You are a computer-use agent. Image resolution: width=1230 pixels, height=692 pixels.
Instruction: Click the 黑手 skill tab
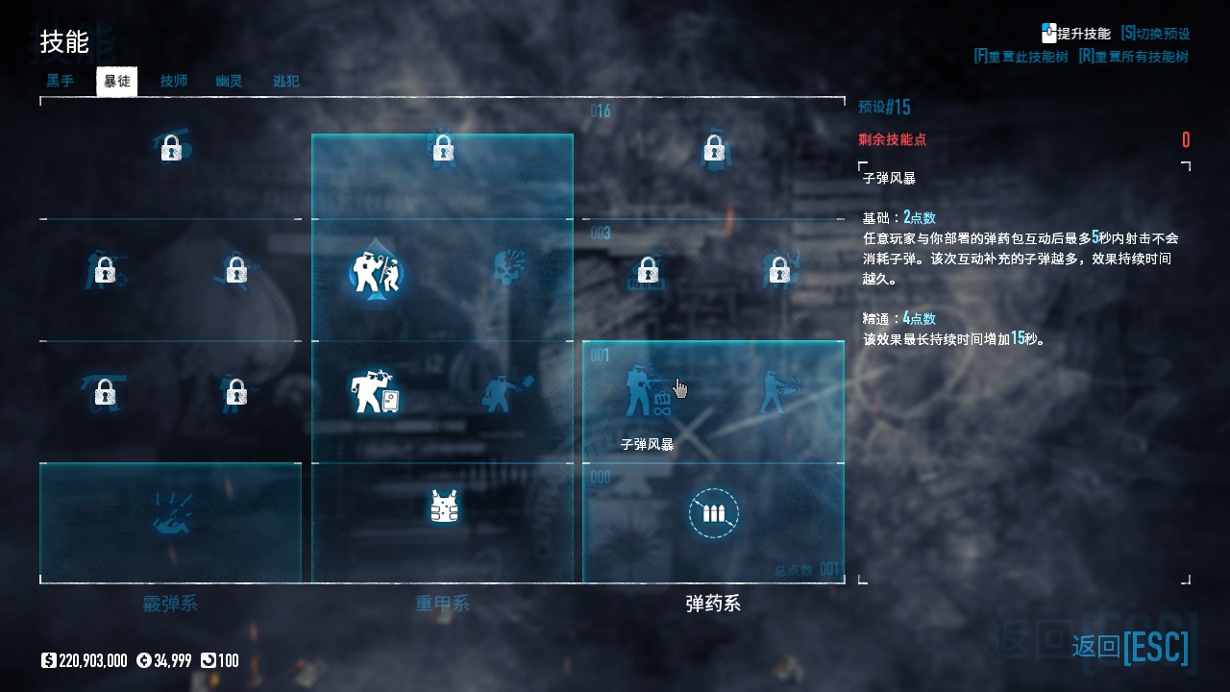point(61,82)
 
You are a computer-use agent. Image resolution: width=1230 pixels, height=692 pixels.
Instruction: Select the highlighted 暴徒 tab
point(117,82)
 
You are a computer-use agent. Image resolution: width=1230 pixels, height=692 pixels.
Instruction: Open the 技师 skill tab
point(174,82)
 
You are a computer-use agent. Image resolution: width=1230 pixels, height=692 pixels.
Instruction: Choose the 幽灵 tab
point(229,82)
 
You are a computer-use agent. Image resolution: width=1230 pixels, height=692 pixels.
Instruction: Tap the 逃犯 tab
point(285,82)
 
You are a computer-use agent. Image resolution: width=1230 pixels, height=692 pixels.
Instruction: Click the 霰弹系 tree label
point(170,604)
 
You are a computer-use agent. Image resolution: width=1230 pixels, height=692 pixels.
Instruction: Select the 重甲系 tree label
point(442,604)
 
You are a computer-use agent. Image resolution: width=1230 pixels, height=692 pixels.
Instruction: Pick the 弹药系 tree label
point(713,604)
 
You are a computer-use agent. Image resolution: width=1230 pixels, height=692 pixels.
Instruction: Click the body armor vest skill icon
point(443,507)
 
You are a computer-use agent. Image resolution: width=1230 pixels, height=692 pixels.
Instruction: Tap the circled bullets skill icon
point(713,513)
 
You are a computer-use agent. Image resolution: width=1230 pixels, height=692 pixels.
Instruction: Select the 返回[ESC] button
point(1130,647)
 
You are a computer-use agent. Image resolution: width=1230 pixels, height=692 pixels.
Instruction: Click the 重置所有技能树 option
point(1134,57)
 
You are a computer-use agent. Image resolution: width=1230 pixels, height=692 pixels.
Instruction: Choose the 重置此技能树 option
point(1021,57)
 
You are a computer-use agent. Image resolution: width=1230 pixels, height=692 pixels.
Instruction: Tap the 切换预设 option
point(1156,34)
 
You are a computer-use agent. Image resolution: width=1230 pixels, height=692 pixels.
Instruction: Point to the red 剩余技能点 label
point(892,140)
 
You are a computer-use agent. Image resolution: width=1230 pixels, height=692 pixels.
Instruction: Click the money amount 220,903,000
point(92,660)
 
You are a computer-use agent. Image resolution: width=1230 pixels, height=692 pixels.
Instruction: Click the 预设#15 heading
point(884,107)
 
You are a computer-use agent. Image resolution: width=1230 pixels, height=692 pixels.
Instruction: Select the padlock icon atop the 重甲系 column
point(442,149)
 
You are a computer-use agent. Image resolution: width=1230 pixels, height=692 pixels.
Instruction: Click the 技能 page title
point(64,42)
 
